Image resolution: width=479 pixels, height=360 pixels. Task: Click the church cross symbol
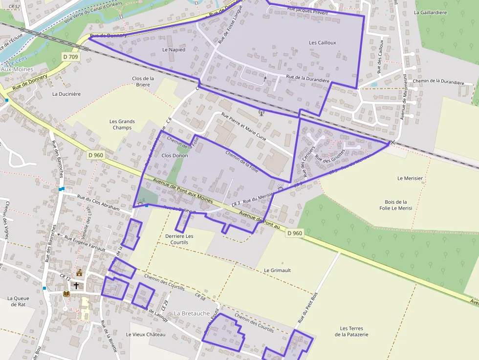pyautogui.click(x=76, y=285)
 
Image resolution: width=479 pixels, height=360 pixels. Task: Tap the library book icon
pyautogui.click(x=66, y=294)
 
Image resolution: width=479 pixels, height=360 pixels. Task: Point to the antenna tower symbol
pyautogui.click(x=261, y=113)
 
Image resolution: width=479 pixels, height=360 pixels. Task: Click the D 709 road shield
pyautogui.click(x=70, y=57)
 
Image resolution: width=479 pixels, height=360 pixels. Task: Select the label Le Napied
pyautogui.click(x=174, y=50)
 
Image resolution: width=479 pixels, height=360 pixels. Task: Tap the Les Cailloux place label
pyautogui.click(x=322, y=42)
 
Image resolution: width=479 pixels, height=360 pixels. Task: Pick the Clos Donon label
pyautogui.click(x=174, y=155)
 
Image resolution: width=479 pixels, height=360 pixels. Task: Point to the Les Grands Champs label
pyautogui.click(x=122, y=125)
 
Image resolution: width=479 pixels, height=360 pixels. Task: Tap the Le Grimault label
pyautogui.click(x=277, y=270)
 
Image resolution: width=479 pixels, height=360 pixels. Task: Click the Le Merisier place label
pyautogui.click(x=410, y=178)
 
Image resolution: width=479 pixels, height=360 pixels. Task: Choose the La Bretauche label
pyautogui.click(x=192, y=313)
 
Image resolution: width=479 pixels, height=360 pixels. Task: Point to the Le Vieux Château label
pyautogui.click(x=146, y=335)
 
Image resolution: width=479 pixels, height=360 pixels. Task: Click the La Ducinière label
pyautogui.click(x=66, y=94)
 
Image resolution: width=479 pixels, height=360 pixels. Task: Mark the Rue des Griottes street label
pyautogui.click(x=330, y=155)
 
